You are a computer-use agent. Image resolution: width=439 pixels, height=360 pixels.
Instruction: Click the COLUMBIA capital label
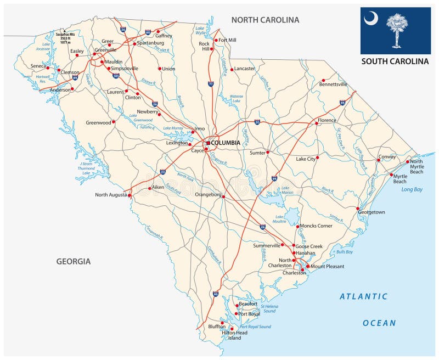coord(226,143)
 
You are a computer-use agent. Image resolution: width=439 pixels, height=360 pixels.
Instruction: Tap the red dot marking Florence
coord(317,123)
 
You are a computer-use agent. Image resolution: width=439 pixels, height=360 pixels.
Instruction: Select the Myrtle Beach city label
coord(400,178)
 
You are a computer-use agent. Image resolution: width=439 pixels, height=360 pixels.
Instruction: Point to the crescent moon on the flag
coord(371,19)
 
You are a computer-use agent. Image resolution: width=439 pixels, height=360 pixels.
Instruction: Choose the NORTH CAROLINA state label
coord(265,20)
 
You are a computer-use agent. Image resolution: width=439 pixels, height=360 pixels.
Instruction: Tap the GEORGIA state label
coord(74,261)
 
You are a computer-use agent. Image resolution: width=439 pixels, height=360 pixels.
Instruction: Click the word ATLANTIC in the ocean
coord(363,296)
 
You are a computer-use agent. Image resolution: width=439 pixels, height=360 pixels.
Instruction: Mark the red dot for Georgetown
coord(358,209)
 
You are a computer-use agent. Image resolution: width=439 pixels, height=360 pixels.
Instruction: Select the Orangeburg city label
coord(209,194)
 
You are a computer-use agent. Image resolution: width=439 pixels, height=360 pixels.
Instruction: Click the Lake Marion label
coord(288,190)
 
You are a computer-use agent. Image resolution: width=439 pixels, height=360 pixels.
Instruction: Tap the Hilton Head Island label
coord(234,335)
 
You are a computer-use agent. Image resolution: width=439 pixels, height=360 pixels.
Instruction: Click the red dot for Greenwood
coord(114,122)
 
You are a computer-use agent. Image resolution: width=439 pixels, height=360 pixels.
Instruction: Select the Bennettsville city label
coord(333,84)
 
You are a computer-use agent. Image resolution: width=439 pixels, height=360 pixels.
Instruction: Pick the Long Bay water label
coord(412,189)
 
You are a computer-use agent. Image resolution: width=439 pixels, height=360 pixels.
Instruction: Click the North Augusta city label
coord(110,195)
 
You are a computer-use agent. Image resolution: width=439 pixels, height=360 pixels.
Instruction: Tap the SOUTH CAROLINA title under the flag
coord(395,61)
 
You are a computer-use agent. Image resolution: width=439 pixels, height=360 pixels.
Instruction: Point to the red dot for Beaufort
coord(237,306)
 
